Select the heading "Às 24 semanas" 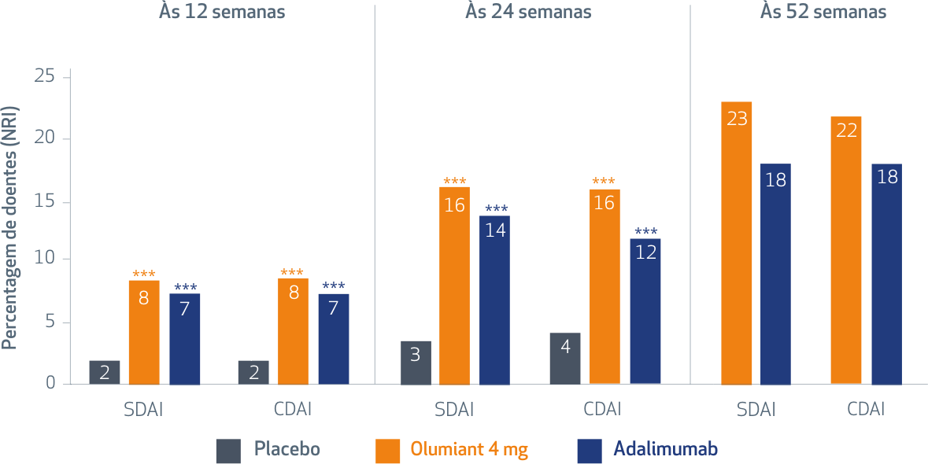click(x=527, y=12)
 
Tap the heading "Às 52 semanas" click(x=823, y=12)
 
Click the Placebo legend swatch click(x=228, y=451)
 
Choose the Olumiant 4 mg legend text click(x=469, y=450)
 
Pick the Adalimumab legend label click(x=665, y=450)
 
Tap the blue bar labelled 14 click(x=495, y=300)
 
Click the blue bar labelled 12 click(x=645, y=311)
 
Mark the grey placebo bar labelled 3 click(x=416, y=363)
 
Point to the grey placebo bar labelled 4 click(x=565, y=359)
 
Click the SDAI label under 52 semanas click(x=756, y=410)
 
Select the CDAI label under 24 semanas click(x=602, y=410)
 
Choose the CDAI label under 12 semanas click(x=293, y=410)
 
